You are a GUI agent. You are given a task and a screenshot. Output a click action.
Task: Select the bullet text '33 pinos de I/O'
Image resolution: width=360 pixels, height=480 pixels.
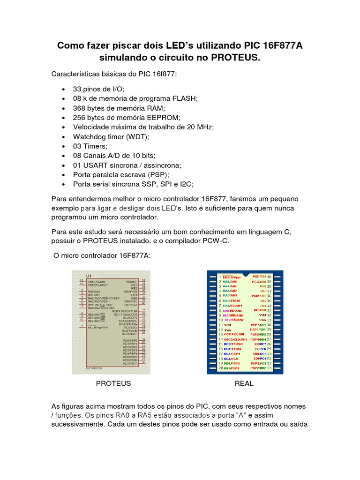(98, 89)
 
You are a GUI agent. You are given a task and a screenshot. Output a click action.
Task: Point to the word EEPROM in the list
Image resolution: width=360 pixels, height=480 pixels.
(164, 117)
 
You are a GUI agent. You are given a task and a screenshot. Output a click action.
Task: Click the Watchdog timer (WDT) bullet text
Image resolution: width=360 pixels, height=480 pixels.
(110, 136)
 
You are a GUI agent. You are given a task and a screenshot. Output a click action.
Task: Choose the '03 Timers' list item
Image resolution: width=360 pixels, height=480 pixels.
(90, 146)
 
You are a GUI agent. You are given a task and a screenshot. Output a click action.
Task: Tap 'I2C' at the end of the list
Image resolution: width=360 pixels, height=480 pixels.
(185, 184)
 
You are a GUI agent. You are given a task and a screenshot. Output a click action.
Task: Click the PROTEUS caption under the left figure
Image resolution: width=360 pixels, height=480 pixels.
(113, 383)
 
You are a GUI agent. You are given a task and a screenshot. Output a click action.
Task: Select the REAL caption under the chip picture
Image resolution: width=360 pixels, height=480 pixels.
(244, 383)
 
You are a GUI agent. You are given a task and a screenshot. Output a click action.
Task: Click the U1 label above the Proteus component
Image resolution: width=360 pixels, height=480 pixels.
(89, 275)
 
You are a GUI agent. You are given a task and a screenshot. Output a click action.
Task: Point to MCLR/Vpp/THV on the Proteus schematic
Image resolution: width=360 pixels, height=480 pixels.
(98, 327)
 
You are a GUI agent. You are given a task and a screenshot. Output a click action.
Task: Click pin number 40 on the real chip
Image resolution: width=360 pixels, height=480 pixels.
(269, 277)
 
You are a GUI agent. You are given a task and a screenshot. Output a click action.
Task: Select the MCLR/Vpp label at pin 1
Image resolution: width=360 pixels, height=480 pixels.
(231, 277)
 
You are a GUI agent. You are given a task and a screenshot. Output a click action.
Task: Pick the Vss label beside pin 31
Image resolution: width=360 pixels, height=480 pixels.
(262, 320)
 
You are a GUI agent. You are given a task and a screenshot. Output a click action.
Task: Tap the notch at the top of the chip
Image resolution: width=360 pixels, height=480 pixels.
(245, 273)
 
